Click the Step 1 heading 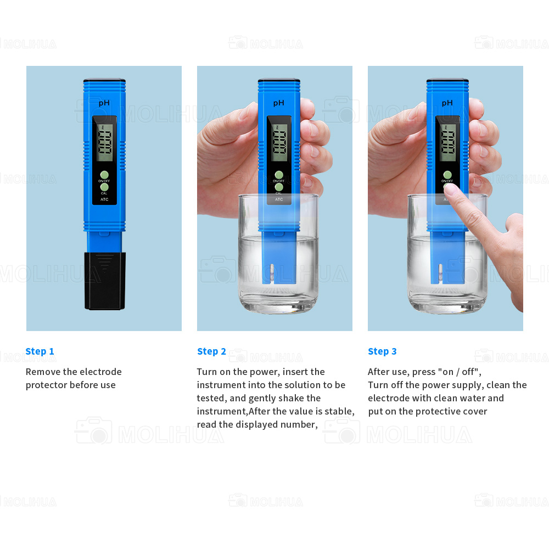40,351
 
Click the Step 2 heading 211,351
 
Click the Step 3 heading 382,351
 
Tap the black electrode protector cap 105,281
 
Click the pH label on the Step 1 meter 104,103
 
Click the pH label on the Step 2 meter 279,103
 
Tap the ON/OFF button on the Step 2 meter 279,175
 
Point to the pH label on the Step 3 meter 447,103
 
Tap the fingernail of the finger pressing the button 451,189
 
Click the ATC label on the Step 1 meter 104,199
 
